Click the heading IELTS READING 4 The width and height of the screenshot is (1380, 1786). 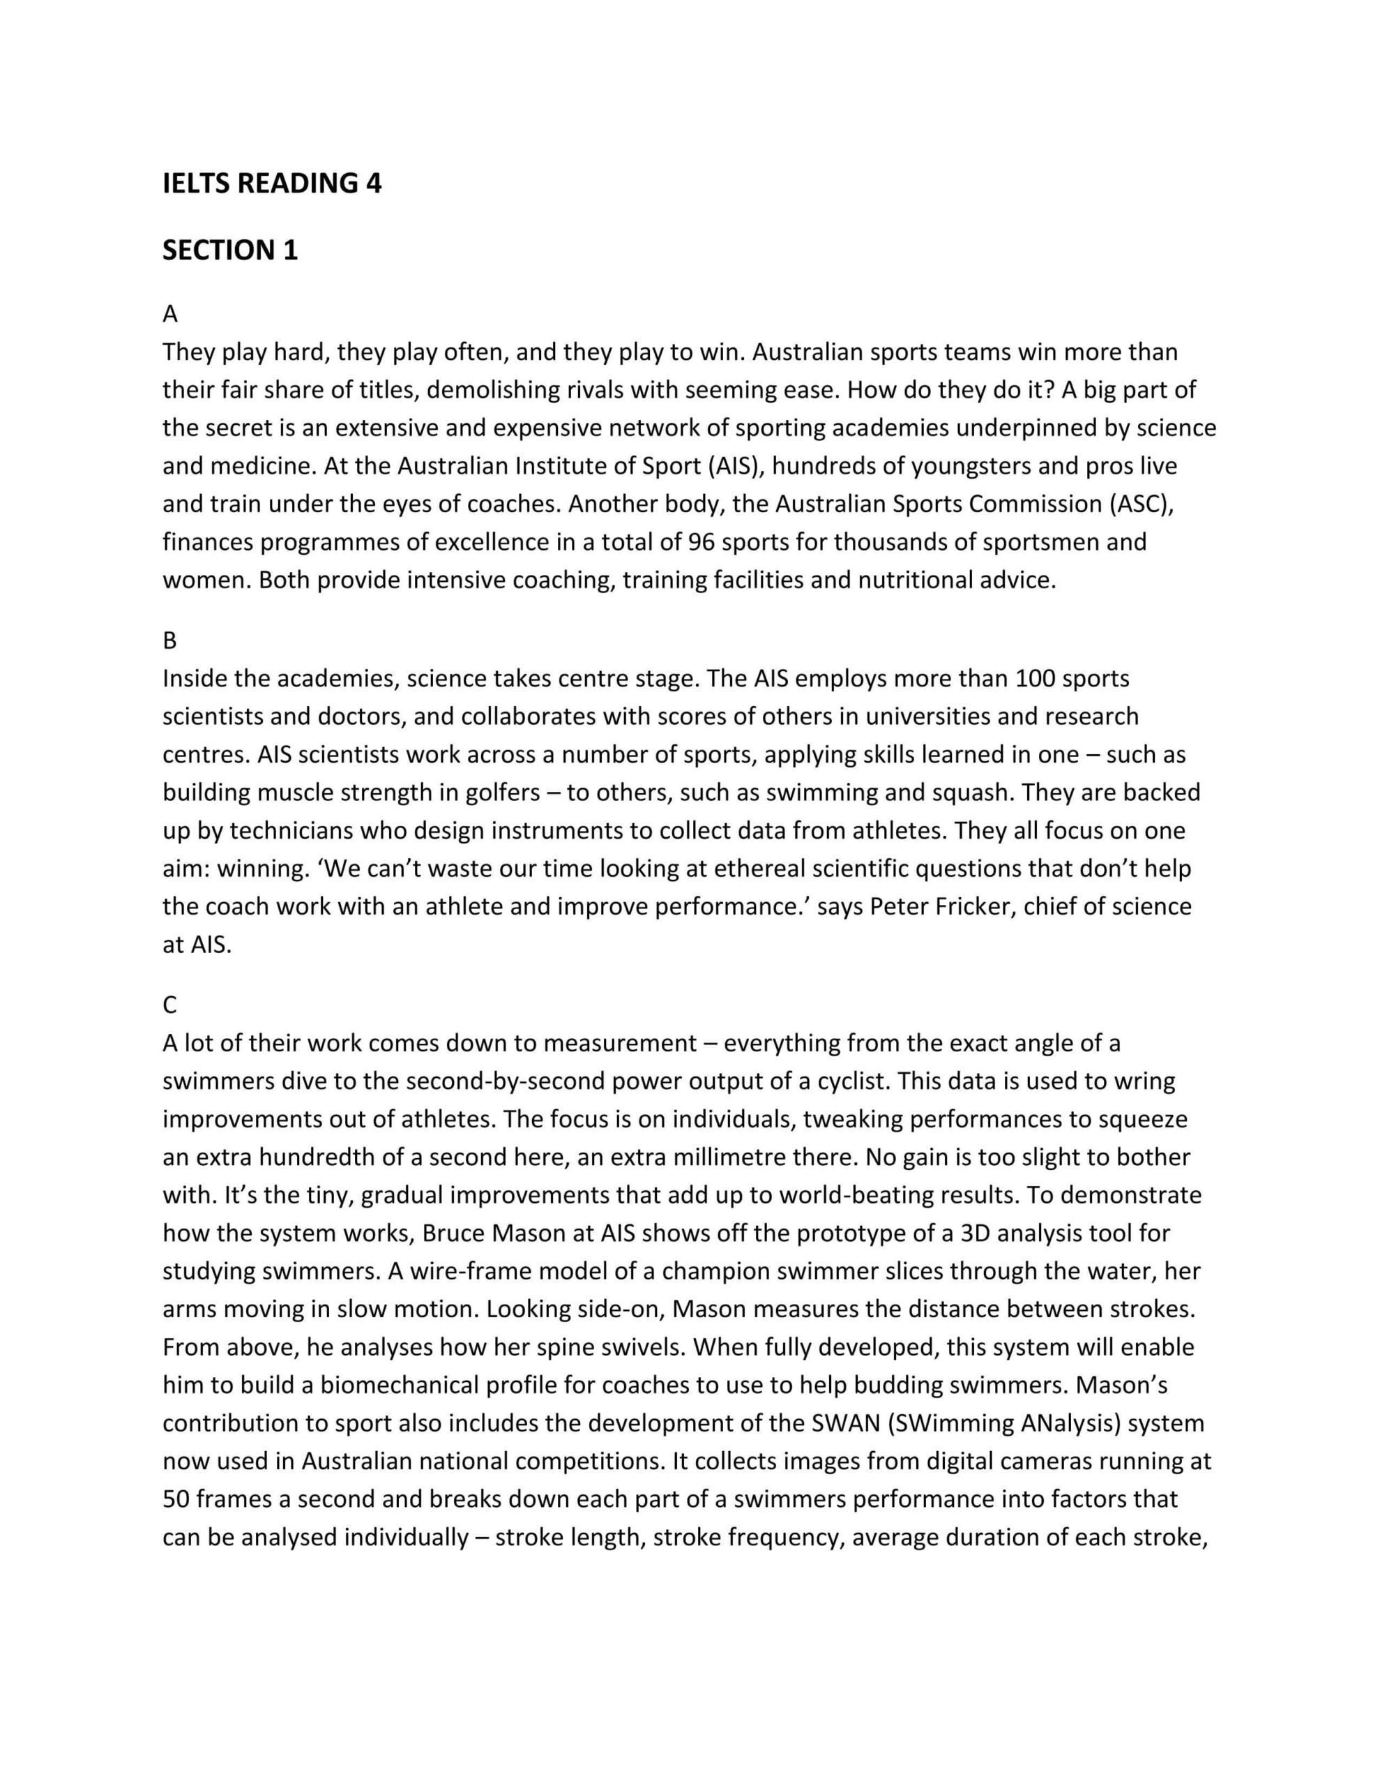pyautogui.click(x=271, y=183)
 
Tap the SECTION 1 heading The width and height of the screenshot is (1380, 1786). pyautogui.click(x=229, y=250)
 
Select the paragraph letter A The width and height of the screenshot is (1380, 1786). pyautogui.click(x=170, y=314)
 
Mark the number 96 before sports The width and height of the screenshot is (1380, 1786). pyautogui.click(x=702, y=542)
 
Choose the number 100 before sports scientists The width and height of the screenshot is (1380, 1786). pyautogui.click(x=1036, y=679)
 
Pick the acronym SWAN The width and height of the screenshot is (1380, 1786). pyautogui.click(x=845, y=1423)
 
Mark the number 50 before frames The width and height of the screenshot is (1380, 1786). pyautogui.click(x=176, y=1499)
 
